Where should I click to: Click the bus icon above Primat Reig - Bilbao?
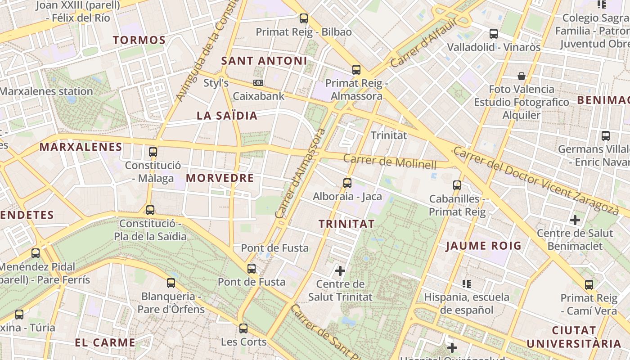[x=304, y=18]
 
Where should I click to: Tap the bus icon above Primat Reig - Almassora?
[x=356, y=70]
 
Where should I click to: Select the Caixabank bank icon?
[x=258, y=83]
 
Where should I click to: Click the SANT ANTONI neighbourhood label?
[x=265, y=61]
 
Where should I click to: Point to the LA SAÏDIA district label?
[x=227, y=116]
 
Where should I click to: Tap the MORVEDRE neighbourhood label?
[x=220, y=178]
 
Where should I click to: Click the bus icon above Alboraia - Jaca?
[x=347, y=183]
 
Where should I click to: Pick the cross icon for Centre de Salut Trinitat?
[x=340, y=271]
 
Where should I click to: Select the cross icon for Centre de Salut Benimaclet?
[x=575, y=220]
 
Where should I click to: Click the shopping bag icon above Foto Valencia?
[x=522, y=76]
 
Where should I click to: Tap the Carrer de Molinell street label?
[x=390, y=161]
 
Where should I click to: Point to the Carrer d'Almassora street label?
[x=301, y=173]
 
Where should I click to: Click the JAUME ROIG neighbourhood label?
[x=484, y=246]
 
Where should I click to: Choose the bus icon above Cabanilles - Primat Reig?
[x=457, y=185]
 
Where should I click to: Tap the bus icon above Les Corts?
[x=243, y=328]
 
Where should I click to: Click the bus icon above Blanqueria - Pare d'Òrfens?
[x=171, y=283]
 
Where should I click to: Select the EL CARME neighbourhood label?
[x=105, y=342]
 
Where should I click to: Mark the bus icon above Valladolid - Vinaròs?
[x=494, y=34]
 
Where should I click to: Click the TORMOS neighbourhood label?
[x=139, y=40]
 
